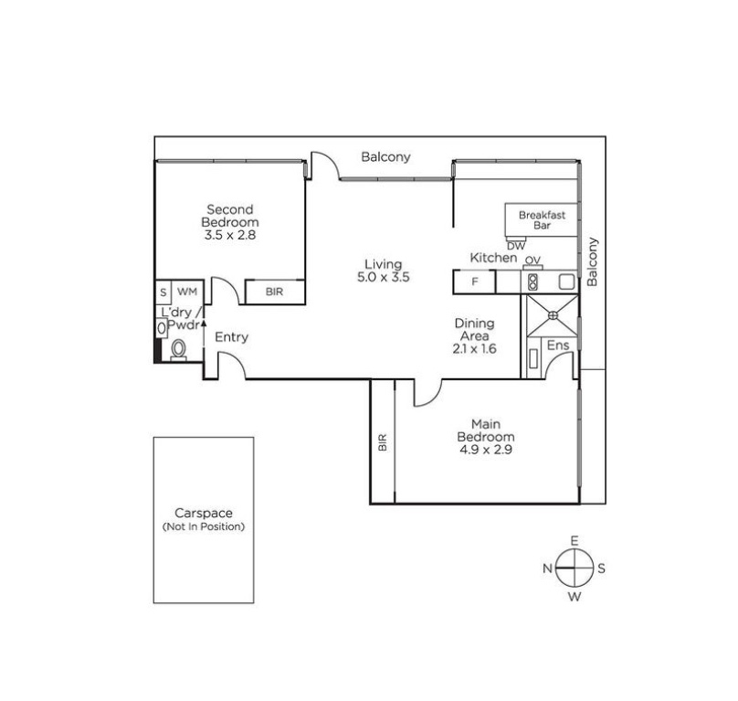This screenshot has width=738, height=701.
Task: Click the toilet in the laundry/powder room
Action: pyautogui.click(x=178, y=350)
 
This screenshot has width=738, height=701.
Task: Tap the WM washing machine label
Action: pyautogui.click(x=187, y=292)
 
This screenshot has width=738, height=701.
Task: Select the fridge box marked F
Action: pyautogui.click(x=474, y=281)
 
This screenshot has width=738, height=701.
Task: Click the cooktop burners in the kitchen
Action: pyautogui.click(x=532, y=281)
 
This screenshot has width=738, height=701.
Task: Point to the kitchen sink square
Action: pyautogui.click(x=566, y=281)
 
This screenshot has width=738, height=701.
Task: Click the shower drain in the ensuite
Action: pyautogui.click(x=553, y=315)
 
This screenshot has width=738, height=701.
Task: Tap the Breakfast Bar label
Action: pyautogui.click(x=542, y=220)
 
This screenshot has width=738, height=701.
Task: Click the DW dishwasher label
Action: pyautogui.click(x=516, y=246)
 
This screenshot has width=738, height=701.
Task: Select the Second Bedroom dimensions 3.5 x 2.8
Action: pyautogui.click(x=229, y=235)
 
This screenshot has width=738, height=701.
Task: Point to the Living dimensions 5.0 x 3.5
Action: pyautogui.click(x=383, y=277)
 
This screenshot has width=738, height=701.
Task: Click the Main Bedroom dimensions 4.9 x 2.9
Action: pyautogui.click(x=486, y=450)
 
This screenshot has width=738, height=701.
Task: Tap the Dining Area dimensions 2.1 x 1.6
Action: pyautogui.click(x=474, y=348)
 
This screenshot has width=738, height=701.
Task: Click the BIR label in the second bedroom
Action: pyautogui.click(x=274, y=292)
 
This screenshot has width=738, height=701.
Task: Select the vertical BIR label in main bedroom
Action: pyautogui.click(x=383, y=442)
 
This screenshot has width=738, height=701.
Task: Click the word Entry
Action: pyautogui.click(x=232, y=337)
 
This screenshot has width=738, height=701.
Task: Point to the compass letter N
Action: pyautogui.click(x=547, y=568)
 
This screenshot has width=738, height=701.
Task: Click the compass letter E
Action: pyautogui.click(x=575, y=540)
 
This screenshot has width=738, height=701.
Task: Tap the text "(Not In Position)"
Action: pyautogui.click(x=204, y=526)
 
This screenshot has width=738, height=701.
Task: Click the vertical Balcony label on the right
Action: pyautogui.click(x=592, y=261)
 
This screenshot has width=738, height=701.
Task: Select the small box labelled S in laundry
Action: pyautogui.click(x=163, y=292)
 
